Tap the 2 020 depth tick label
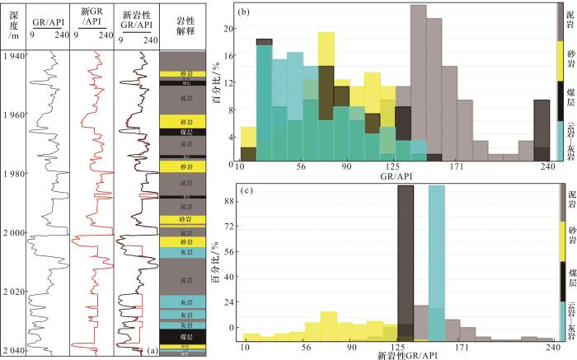click(x=13, y=292)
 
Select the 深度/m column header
click(x=13, y=26)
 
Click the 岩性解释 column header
click(x=179, y=26)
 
